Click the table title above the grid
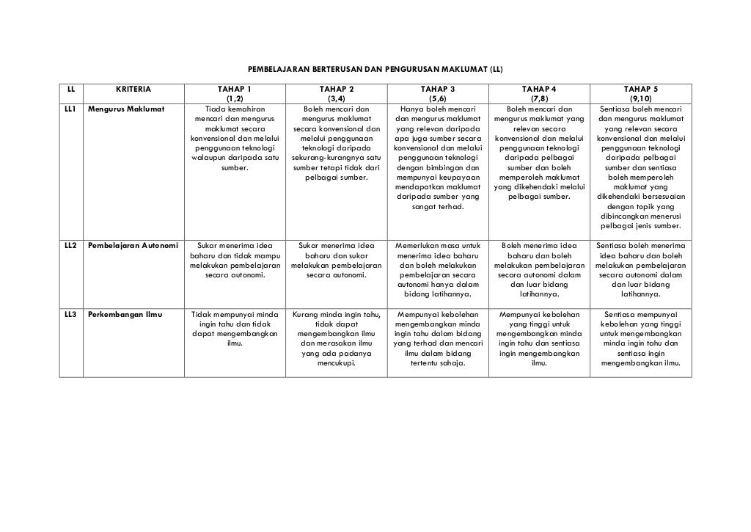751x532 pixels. coord(375,69)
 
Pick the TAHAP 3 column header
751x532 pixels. coord(437,94)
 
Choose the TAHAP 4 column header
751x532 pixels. coord(539,94)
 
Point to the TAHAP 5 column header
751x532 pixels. coord(640,94)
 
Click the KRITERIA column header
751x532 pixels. coord(133,90)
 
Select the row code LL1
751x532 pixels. coord(70,109)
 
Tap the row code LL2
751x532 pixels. coord(70,245)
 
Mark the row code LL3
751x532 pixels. coord(70,315)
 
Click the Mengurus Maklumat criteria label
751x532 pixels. coord(126,109)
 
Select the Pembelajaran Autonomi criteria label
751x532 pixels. coord(133,245)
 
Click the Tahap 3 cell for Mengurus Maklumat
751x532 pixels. coord(437,158)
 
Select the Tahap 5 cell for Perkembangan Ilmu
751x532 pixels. coord(640,339)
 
